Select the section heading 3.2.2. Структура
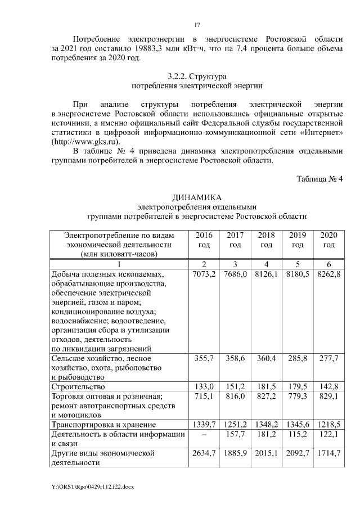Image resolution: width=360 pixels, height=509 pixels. tap(197, 76)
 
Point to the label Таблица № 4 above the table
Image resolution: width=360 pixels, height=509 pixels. tap(319, 179)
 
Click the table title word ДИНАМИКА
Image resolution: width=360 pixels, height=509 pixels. tap(197, 196)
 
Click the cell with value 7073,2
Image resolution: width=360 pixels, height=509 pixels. tap(204, 274)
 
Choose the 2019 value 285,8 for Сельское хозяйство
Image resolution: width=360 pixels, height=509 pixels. tap(298, 358)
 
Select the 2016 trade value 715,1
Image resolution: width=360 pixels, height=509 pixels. tap(204, 397)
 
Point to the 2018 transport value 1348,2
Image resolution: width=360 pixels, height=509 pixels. tap(267, 425)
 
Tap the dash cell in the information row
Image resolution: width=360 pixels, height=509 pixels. tap(204, 434)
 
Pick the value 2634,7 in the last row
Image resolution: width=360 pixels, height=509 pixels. tap(204, 453)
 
